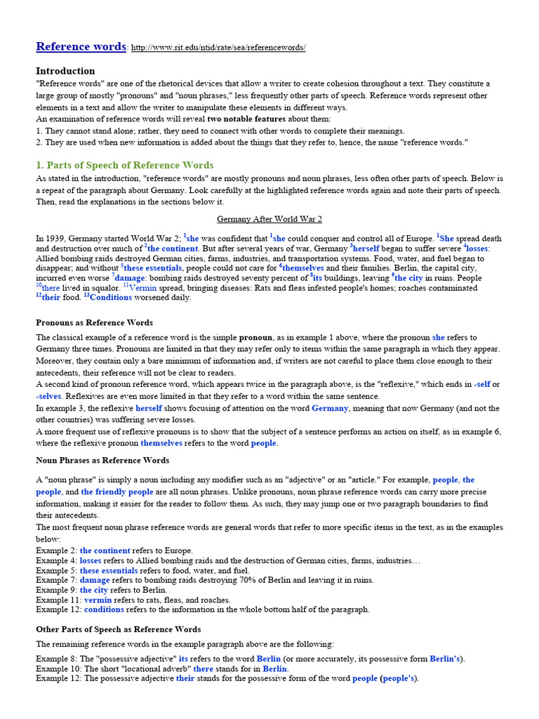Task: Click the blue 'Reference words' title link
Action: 81,47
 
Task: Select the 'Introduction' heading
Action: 65,71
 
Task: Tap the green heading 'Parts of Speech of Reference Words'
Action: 125,166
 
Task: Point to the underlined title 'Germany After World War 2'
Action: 269,219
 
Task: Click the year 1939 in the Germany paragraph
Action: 55,239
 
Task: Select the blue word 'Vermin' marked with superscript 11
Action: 143,288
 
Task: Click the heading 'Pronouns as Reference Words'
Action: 94,323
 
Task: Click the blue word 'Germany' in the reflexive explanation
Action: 329,408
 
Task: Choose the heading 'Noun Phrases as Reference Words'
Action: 102,461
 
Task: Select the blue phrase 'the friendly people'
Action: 117,492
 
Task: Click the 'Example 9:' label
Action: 56,591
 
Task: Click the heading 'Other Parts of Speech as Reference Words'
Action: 118,630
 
